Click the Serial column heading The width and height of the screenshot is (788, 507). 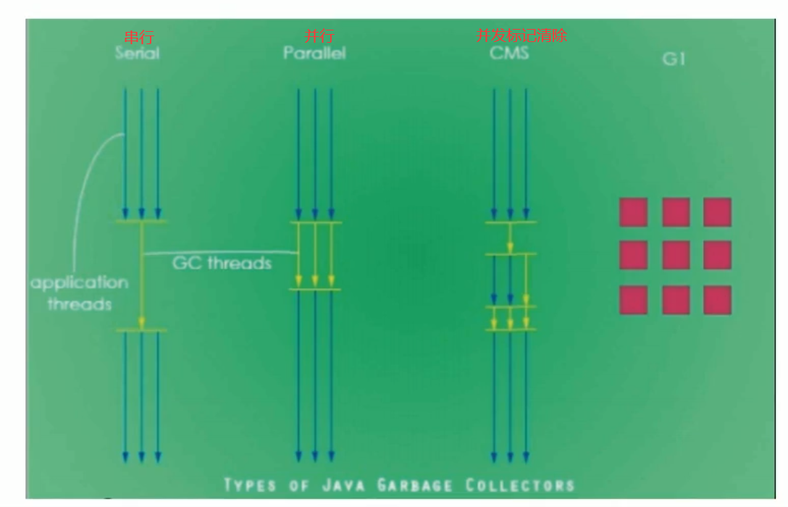tap(137, 54)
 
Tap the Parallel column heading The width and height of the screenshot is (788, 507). tap(314, 54)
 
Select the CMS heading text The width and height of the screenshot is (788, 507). tap(509, 54)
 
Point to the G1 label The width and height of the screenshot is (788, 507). tap(674, 59)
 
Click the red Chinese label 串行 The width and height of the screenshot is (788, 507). tap(138, 36)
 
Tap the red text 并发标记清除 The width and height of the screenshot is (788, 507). tap(521, 35)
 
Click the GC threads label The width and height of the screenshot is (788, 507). tap(222, 262)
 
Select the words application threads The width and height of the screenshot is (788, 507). tap(80, 293)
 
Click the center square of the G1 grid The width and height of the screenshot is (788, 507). tap(676, 255)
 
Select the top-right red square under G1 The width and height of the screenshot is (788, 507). tap(717, 212)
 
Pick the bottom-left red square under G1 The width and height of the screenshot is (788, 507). tap(633, 299)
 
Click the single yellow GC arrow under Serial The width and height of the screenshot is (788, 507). tap(142, 275)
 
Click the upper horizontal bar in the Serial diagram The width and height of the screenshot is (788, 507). tap(141, 221)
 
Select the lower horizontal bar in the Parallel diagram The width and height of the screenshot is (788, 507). tap(315, 290)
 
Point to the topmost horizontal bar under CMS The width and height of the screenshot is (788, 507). tap(510, 222)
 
